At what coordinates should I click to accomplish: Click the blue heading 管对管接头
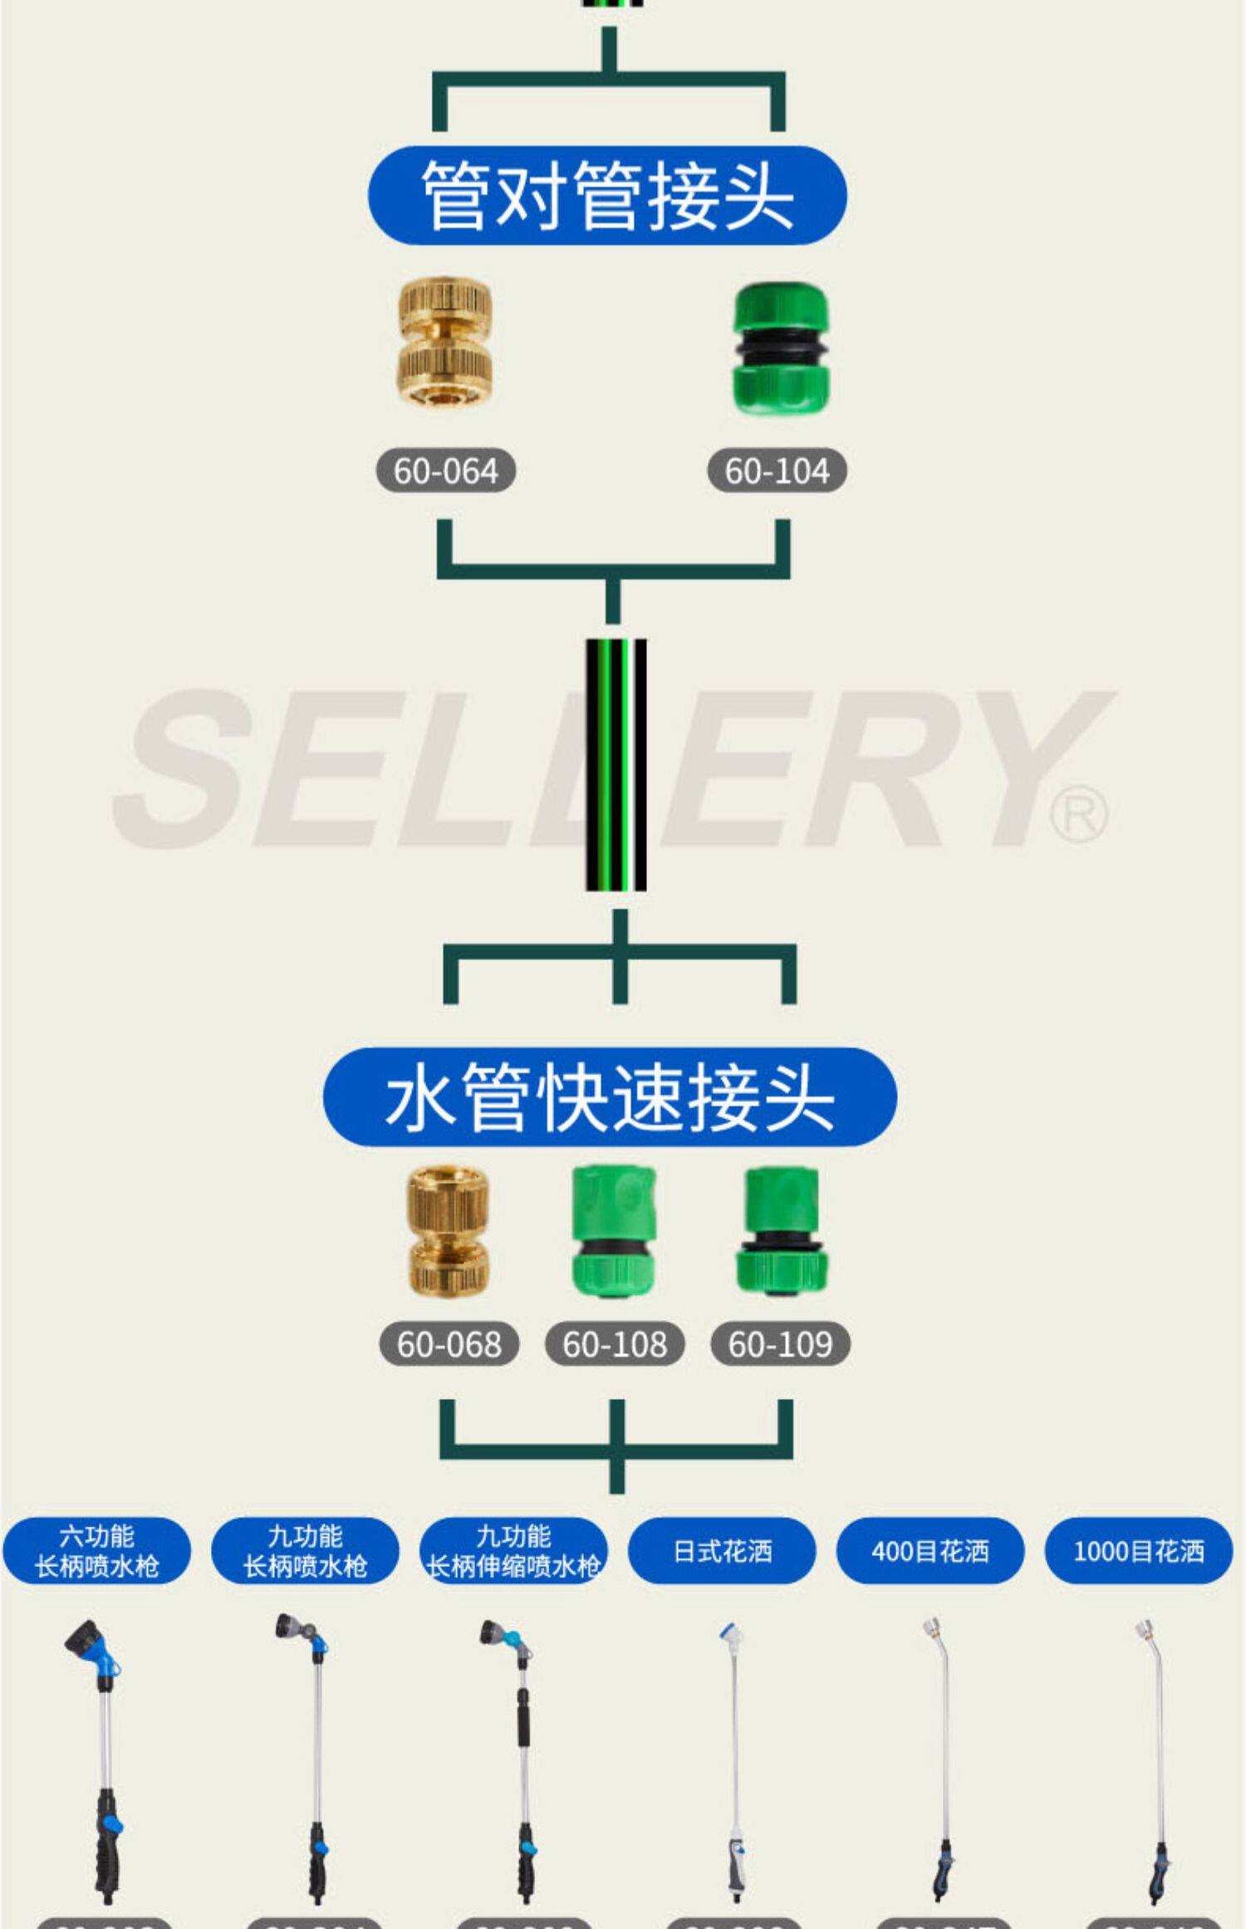(607, 195)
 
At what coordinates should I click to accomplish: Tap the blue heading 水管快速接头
(610, 1097)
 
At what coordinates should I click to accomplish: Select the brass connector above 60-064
(445, 342)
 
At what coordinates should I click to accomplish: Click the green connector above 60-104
(779, 349)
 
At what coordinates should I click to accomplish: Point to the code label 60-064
(446, 471)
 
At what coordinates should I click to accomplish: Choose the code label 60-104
(777, 471)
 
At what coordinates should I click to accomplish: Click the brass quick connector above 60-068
(449, 1230)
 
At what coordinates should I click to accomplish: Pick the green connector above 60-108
(614, 1230)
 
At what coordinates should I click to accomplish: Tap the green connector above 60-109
(780, 1230)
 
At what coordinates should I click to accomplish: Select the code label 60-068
(449, 1344)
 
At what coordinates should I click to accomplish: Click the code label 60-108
(615, 1344)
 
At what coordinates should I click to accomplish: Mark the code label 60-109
(780, 1344)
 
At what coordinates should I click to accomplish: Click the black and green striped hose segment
(616, 765)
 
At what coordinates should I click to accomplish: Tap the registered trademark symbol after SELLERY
(1078, 815)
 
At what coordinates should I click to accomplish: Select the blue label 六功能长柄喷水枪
(96, 1551)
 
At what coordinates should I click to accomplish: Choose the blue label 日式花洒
(722, 1551)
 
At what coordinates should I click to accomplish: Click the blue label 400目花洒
(930, 1551)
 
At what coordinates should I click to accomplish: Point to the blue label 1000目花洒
(1138, 1551)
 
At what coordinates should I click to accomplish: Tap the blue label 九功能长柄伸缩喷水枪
(513, 1551)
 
